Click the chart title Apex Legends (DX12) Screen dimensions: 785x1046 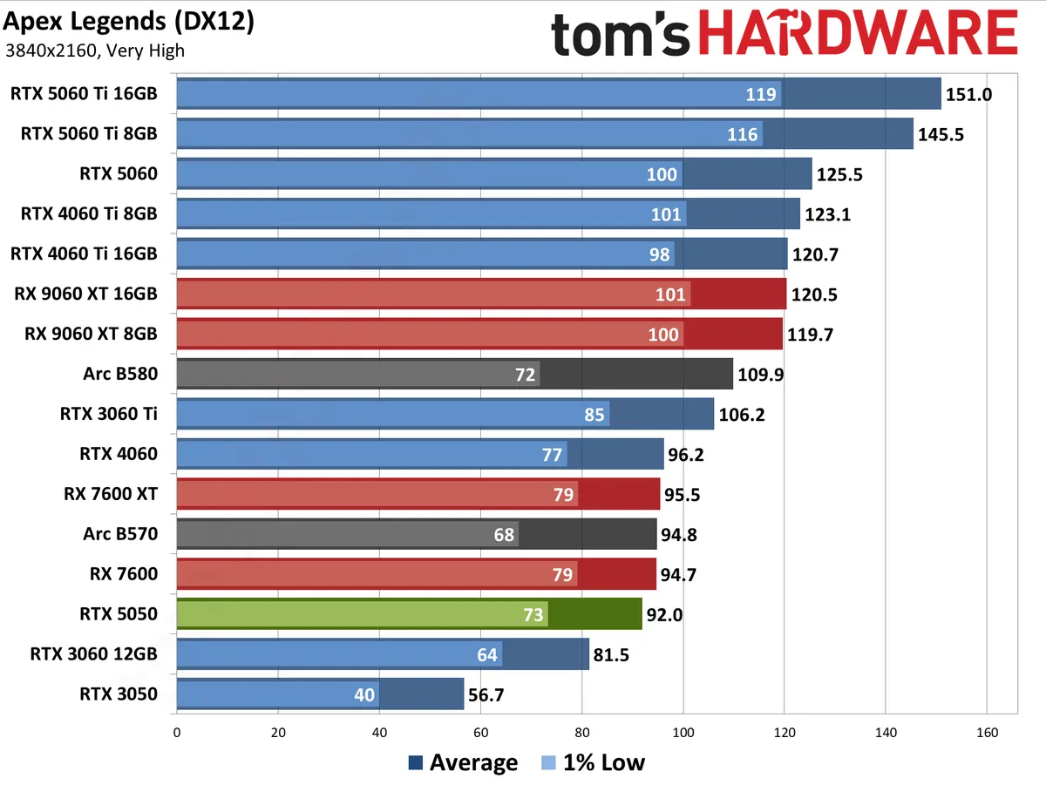pos(129,22)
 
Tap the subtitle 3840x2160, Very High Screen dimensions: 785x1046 pos(95,50)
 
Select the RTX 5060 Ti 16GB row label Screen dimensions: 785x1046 pos(85,93)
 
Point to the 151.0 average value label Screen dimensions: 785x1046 pos(969,94)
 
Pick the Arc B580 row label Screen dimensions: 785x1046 pos(122,374)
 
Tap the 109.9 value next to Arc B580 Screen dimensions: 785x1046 pos(762,375)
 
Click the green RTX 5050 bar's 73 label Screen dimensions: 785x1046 pos(532,614)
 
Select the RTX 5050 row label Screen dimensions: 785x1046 pos(118,613)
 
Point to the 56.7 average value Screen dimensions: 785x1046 pos(486,694)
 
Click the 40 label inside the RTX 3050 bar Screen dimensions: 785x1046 pos(364,694)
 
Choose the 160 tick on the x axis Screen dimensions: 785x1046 pos(987,733)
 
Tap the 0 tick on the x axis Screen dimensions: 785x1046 pos(177,733)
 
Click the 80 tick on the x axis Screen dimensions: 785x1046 pos(582,733)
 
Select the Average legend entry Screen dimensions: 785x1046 pos(463,763)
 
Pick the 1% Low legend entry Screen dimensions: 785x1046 pos(593,763)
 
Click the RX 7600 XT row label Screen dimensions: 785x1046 pos(111,494)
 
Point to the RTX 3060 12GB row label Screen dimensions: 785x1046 pos(94,653)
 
